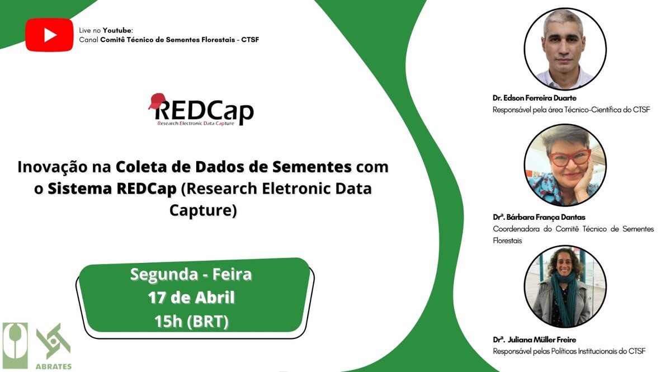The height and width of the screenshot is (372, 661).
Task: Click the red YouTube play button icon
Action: (49, 35)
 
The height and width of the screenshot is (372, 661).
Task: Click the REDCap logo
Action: (201, 110)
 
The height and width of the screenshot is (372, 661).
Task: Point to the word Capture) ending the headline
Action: (203, 210)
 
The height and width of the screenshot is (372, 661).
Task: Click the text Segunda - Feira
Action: (191, 274)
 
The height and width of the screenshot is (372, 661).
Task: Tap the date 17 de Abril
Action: (191, 298)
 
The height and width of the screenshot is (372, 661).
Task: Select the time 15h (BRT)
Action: (191, 322)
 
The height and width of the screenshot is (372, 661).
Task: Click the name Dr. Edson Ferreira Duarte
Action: (535, 98)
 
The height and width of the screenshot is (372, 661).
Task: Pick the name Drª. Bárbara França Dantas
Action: (539, 217)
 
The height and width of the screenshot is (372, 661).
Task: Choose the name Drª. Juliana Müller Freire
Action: (535, 340)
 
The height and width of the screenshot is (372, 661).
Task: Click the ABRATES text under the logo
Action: (54, 366)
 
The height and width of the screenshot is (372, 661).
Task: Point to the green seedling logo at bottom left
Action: (15, 346)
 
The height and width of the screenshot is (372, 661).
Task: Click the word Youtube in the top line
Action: (117, 30)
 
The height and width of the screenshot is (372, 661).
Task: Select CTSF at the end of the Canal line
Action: (250, 40)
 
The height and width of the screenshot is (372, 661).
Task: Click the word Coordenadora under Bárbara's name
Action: (516, 229)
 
